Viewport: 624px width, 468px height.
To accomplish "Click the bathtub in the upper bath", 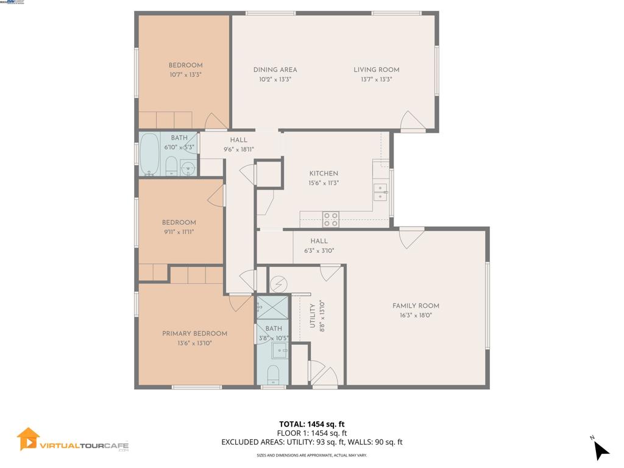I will click(150, 155).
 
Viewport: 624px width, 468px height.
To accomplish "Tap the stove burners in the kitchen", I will click(331, 219).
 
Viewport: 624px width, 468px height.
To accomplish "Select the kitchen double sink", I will click(381, 192).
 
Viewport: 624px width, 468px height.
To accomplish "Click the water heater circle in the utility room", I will click(278, 284).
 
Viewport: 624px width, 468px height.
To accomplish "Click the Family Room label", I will click(416, 306).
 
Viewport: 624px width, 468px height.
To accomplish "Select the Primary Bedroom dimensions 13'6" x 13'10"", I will click(194, 343).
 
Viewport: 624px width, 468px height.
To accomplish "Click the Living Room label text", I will click(376, 69).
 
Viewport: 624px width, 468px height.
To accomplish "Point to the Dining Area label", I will click(275, 69).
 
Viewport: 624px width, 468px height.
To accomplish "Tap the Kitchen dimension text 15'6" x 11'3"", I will click(323, 183).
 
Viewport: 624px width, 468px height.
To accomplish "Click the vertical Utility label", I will click(312, 316).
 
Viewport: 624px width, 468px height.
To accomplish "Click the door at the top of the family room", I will click(411, 237).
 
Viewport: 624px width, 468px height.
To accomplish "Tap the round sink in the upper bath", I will click(189, 168).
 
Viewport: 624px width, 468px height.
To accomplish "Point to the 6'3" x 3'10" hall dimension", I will click(319, 250).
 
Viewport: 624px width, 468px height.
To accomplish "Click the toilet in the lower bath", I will click(274, 374).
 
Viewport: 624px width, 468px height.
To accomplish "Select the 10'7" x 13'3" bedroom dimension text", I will click(185, 75).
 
